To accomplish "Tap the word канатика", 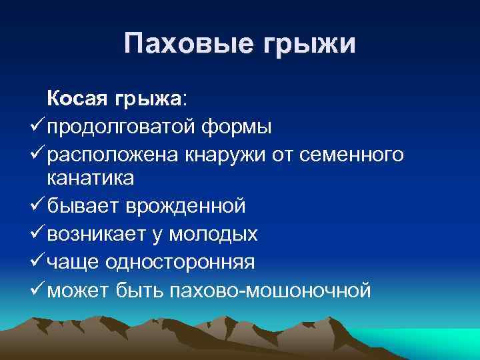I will pos(91,179).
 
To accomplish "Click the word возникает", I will pos(94,234).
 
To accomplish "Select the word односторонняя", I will pos(177,262).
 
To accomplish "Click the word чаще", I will pos(69,263).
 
